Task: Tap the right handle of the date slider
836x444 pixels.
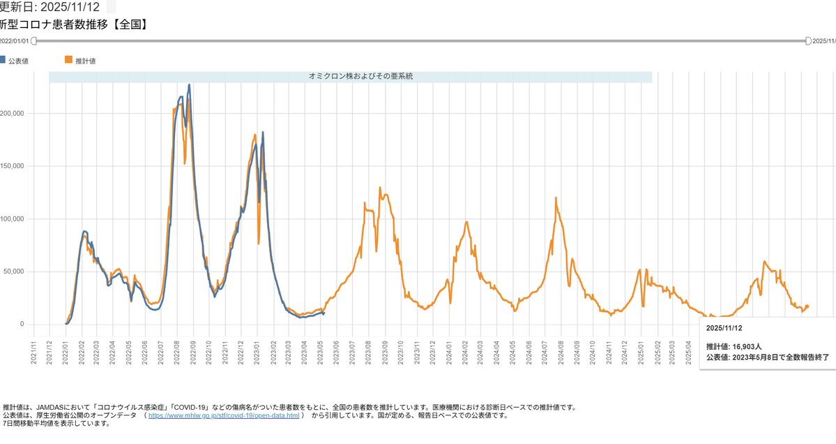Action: tap(808, 41)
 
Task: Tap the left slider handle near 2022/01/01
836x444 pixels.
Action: tap(33, 41)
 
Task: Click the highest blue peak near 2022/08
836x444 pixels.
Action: tap(189, 85)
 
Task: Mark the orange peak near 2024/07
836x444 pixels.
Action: tap(556, 198)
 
